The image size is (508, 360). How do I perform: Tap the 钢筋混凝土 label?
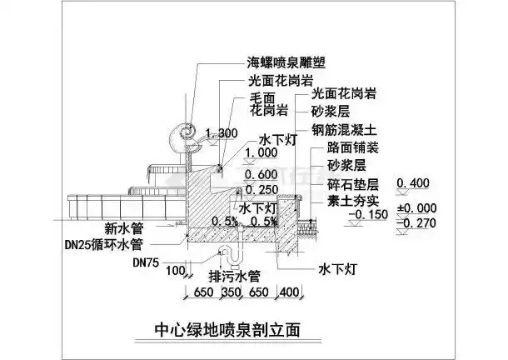(x=346, y=130)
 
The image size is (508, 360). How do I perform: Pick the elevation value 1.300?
(x=222, y=134)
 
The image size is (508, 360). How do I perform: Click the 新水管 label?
(x=124, y=227)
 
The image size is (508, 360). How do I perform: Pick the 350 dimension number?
(x=230, y=294)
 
